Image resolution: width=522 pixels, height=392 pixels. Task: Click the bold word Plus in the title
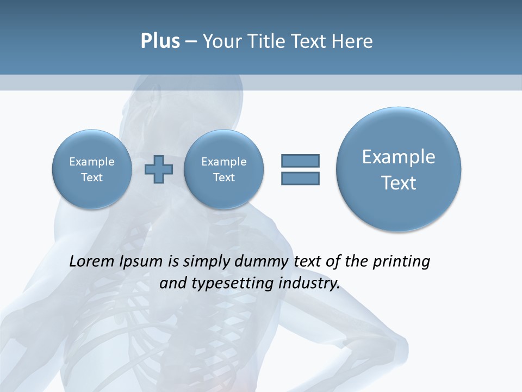pos(160,41)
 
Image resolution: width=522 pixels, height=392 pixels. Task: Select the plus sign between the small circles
pos(159,169)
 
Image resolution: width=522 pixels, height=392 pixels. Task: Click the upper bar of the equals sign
pos(300,161)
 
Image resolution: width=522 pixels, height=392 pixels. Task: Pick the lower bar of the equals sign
pos(300,179)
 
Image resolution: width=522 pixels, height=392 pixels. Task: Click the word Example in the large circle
pos(399,157)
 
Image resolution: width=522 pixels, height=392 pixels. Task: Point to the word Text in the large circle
pos(399,183)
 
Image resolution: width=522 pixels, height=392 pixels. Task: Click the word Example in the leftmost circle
pos(92,162)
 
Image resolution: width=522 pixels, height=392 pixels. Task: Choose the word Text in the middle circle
pos(223,177)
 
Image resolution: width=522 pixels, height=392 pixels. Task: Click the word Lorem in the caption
pos(92,261)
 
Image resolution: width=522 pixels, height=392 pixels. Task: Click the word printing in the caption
pos(401,261)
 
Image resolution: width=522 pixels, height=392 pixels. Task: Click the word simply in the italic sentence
pos(205,261)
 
